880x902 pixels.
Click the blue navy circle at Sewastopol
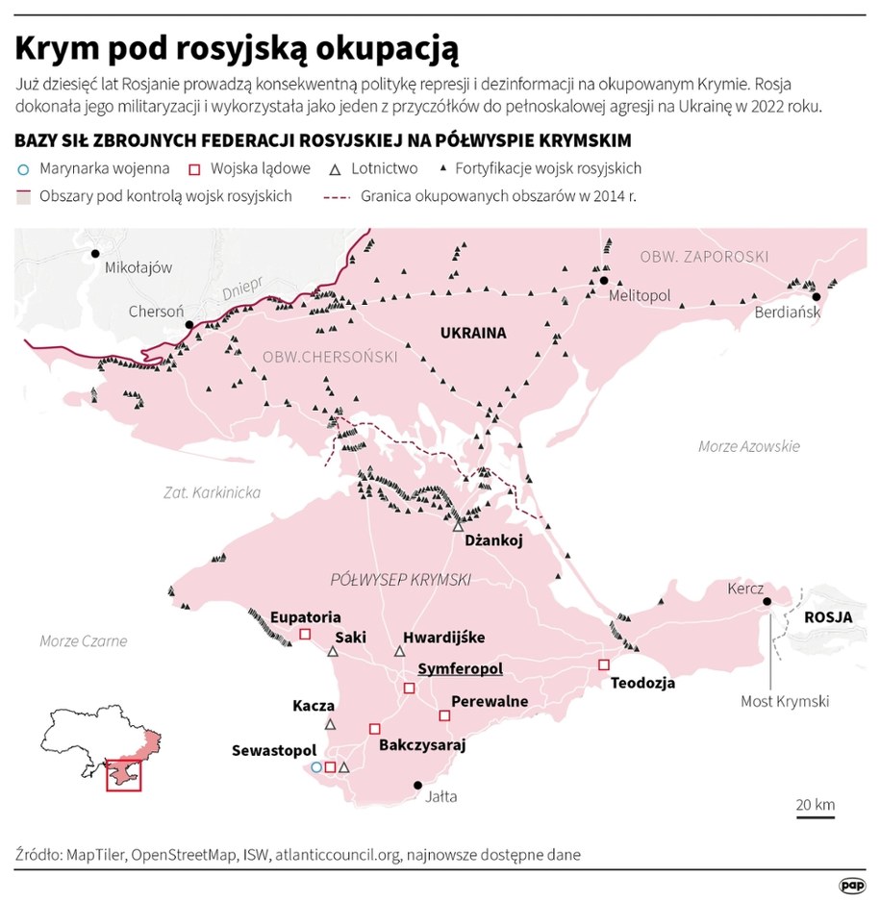point(316,767)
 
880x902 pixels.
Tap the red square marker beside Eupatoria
point(305,634)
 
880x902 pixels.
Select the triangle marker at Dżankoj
point(459,525)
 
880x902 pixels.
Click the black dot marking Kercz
point(767,602)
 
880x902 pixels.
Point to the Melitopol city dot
point(603,281)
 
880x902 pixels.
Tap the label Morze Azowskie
point(749,446)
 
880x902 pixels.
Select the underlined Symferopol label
point(460,669)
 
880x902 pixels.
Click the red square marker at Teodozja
point(604,664)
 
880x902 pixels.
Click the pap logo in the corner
point(851,884)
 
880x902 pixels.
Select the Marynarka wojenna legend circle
point(24,169)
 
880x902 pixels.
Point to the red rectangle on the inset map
point(123,774)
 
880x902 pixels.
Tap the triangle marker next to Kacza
point(330,724)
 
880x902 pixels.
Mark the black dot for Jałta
point(417,786)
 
